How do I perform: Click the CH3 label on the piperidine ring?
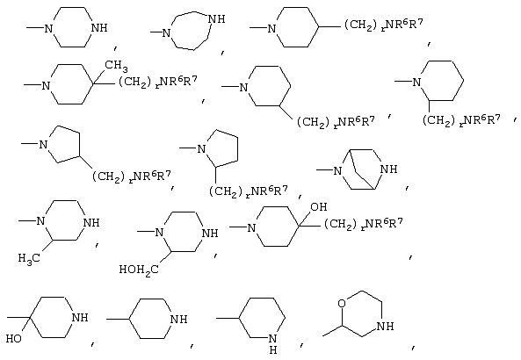pyautogui.click(x=116, y=66)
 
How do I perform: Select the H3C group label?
pyautogui.click(x=29, y=258)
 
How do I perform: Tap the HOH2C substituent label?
pyautogui.click(x=139, y=270)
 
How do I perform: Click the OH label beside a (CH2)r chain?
pyautogui.click(x=319, y=207)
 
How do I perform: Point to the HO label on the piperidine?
pyautogui.click(x=14, y=339)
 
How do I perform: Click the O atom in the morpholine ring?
pyautogui.click(x=342, y=303)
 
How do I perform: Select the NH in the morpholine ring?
pyautogui.click(x=386, y=326)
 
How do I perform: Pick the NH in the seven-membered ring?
pyautogui.click(x=216, y=19)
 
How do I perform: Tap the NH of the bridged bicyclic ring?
pyautogui.click(x=388, y=169)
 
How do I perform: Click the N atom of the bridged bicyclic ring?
pyautogui.click(x=337, y=170)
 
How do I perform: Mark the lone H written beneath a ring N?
pyautogui.click(x=272, y=350)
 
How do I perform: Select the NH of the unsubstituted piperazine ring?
pyautogui.click(x=99, y=28)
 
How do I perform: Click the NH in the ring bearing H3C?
pyautogui.click(x=91, y=222)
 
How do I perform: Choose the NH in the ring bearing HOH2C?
pyautogui.click(x=210, y=234)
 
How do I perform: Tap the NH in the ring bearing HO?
pyautogui.click(x=80, y=318)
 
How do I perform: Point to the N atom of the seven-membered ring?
pyautogui.click(x=166, y=32)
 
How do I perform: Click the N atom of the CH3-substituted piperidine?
pyautogui.click(x=46, y=86)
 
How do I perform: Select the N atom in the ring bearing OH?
pyautogui.click(x=252, y=227)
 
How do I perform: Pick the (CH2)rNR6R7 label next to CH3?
pyautogui.click(x=158, y=82)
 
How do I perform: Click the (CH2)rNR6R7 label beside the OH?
pyautogui.click(x=363, y=224)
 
